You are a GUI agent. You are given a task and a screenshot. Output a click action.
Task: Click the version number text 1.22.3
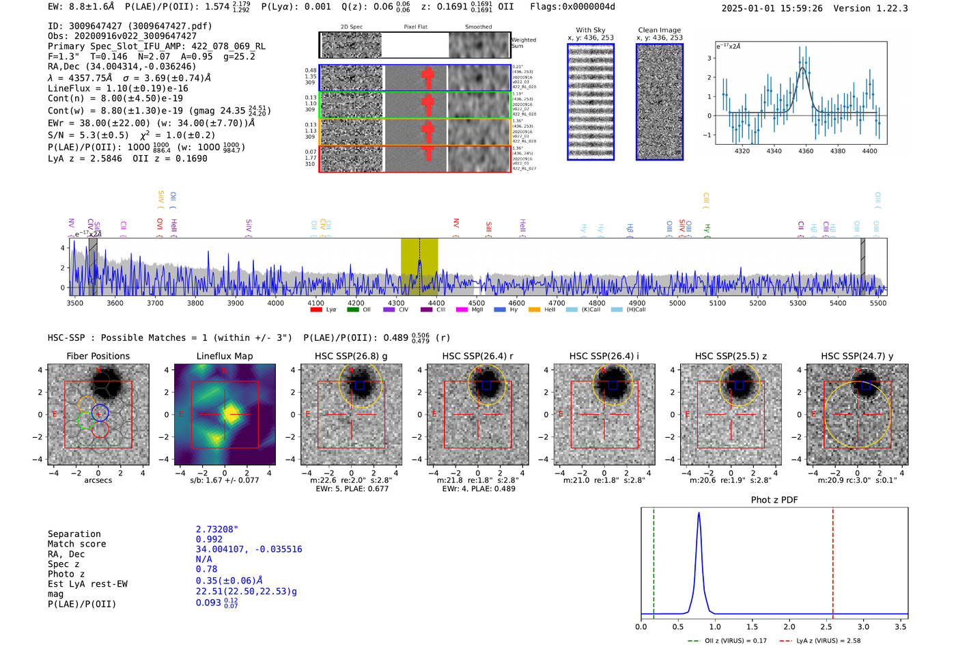pos(891,8)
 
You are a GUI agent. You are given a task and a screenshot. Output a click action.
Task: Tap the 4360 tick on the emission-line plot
pos(806,151)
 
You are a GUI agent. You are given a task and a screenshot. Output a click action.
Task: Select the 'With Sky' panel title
pos(591,30)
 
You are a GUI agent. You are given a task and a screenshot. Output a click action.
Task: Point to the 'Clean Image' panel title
pos(660,30)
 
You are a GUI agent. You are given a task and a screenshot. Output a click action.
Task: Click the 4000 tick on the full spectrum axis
pos(275,303)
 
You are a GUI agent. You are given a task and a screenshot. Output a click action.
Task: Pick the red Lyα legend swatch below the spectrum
pos(316,309)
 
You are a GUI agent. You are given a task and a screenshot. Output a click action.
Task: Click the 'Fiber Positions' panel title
pos(98,356)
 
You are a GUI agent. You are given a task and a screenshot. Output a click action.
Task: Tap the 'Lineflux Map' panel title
pos(225,356)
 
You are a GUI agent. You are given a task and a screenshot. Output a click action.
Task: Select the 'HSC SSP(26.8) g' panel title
pos(351,356)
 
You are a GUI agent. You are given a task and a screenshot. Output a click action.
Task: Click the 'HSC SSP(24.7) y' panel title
pos(857,356)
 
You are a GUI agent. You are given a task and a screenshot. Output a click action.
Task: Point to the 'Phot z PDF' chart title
pos(774,500)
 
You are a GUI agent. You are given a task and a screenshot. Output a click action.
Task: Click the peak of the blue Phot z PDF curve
pos(699,513)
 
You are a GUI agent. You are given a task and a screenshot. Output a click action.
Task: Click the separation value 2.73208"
pos(217,529)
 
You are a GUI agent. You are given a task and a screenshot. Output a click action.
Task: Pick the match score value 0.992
pos(209,539)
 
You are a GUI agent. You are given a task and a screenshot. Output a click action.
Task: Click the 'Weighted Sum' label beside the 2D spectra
pos(524,43)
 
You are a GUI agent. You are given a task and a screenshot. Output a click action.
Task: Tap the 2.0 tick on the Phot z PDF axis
pos(789,626)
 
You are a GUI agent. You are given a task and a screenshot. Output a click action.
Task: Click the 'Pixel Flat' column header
pos(415,27)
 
